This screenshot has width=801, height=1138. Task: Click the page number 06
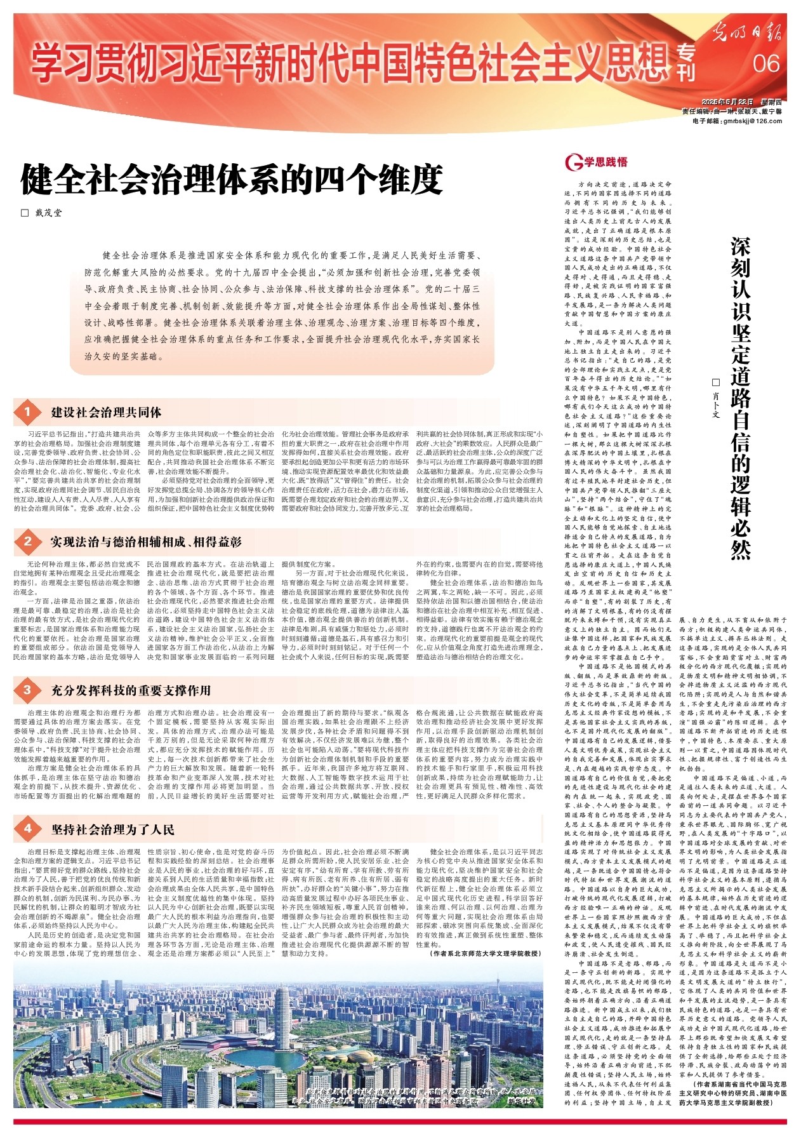pos(765,64)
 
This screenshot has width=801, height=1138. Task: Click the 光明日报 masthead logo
pos(745,32)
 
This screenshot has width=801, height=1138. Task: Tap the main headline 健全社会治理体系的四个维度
pos(230,180)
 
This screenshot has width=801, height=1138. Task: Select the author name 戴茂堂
pos(48,213)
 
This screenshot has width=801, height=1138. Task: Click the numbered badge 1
pos(27,413)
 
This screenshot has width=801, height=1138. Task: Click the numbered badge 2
pos(27,542)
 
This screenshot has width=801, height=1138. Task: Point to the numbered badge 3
pos(27,690)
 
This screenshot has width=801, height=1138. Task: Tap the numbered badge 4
pos(27,829)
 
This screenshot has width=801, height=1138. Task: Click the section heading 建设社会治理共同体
pos(106,413)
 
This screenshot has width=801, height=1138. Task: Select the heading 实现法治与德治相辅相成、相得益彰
pos(146,542)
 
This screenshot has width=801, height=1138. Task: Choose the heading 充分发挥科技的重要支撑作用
pos(131,690)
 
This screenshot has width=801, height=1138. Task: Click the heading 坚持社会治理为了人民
pos(113,829)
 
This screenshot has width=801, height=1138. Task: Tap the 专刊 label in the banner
pos(686,63)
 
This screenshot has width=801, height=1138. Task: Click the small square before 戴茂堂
pos(25,213)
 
